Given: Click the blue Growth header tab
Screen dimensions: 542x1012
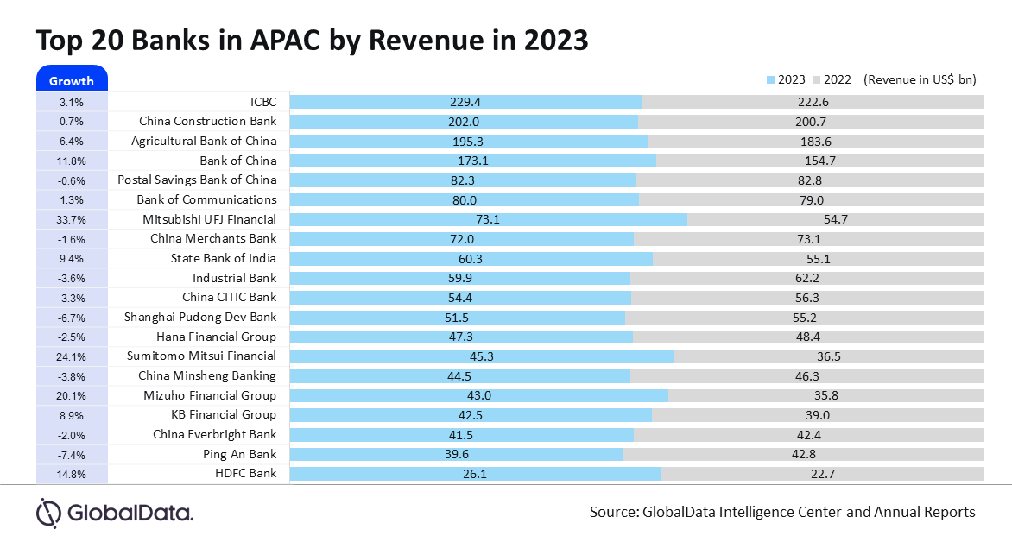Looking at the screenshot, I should [71, 80].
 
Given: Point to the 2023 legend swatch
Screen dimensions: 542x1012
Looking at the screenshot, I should [771, 80].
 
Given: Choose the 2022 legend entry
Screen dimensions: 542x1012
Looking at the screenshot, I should [831, 80].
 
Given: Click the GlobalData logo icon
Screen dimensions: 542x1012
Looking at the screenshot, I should [48, 512].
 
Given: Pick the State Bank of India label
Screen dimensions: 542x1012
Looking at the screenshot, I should [224, 258].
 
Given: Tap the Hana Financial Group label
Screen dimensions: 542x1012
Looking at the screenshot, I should [216, 337].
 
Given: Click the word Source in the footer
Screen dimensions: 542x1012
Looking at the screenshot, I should [613, 512].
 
